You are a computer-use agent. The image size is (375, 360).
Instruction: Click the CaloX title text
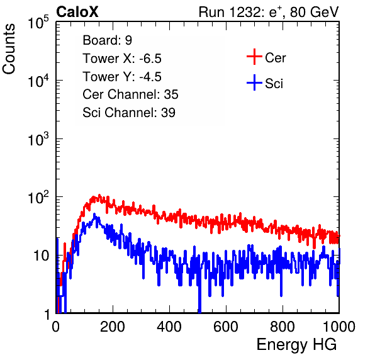(x=77, y=12)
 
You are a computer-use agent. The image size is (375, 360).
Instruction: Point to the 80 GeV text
(x=314, y=12)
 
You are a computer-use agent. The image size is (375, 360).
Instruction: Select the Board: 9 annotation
(x=107, y=40)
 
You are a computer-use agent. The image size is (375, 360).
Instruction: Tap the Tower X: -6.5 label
(x=122, y=59)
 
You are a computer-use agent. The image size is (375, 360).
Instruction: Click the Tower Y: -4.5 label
(x=122, y=77)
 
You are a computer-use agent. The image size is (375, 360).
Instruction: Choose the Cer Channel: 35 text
(x=130, y=94)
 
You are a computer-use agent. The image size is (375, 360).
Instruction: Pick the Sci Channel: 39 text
(x=129, y=113)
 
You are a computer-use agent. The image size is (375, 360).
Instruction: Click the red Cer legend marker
(x=254, y=57)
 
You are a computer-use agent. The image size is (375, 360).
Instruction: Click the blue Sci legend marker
(x=254, y=82)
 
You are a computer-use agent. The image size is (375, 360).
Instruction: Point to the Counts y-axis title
(x=9, y=49)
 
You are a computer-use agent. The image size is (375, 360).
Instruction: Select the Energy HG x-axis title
(x=296, y=345)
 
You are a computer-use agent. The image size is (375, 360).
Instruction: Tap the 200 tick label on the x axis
(x=113, y=327)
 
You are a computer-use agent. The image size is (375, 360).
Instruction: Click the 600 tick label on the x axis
(x=226, y=327)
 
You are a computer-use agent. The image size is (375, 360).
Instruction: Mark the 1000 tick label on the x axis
(x=339, y=327)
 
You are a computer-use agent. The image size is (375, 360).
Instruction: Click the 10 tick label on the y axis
(x=42, y=256)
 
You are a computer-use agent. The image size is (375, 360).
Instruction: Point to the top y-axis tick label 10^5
(x=38, y=22)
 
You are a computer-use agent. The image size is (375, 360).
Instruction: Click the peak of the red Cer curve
(x=99, y=196)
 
